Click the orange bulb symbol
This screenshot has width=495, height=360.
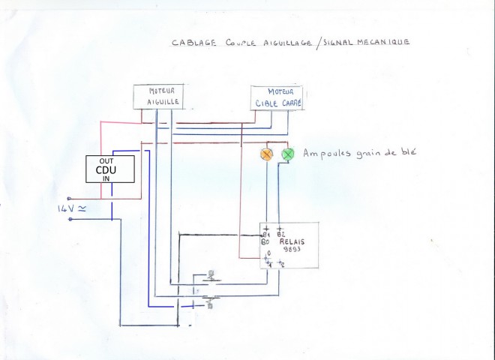pos(265,154)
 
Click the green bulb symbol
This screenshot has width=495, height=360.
pos(287,154)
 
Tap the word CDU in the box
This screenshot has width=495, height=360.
pos(110,169)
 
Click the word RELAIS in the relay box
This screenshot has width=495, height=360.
pos(291,242)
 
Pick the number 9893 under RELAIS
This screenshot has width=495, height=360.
pos(291,250)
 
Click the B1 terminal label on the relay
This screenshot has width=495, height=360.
pos(265,234)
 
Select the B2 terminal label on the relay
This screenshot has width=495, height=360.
pos(280,234)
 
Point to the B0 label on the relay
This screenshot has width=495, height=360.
pos(265,242)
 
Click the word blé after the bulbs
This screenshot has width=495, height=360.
pos(406,153)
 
